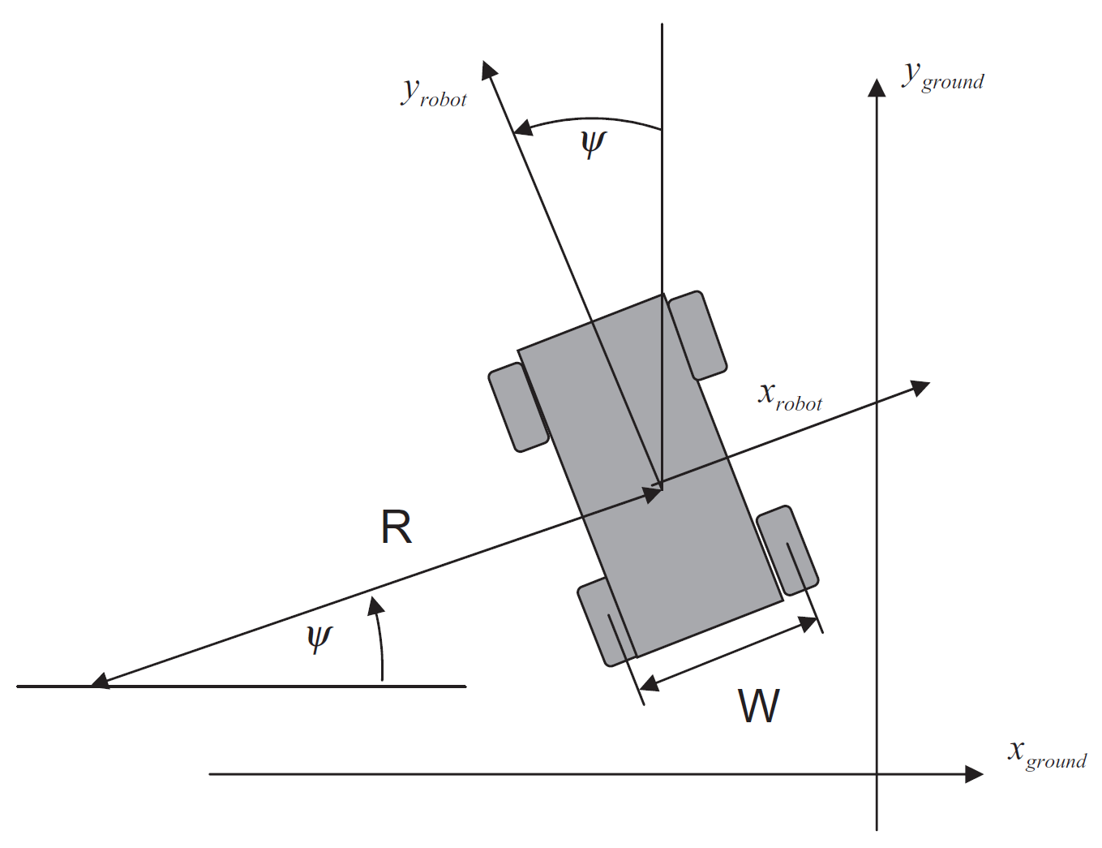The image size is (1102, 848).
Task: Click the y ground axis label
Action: pyautogui.click(x=943, y=78)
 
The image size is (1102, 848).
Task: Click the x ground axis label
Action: pyautogui.click(x=1047, y=755)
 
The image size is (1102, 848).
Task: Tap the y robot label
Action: pyautogui.click(x=434, y=93)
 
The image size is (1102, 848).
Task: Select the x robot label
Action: pyautogui.click(x=790, y=396)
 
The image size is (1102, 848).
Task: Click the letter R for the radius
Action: pyautogui.click(x=396, y=527)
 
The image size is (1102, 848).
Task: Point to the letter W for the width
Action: pyautogui.click(x=759, y=706)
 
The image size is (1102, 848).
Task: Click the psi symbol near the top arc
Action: pyautogui.click(x=593, y=144)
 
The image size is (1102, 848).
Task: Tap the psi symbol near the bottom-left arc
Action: pyautogui.click(x=319, y=639)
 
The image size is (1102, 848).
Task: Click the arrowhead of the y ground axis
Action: pyautogui.click(x=877, y=88)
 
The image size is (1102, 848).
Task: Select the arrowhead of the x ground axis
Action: pyautogui.click(x=974, y=774)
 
